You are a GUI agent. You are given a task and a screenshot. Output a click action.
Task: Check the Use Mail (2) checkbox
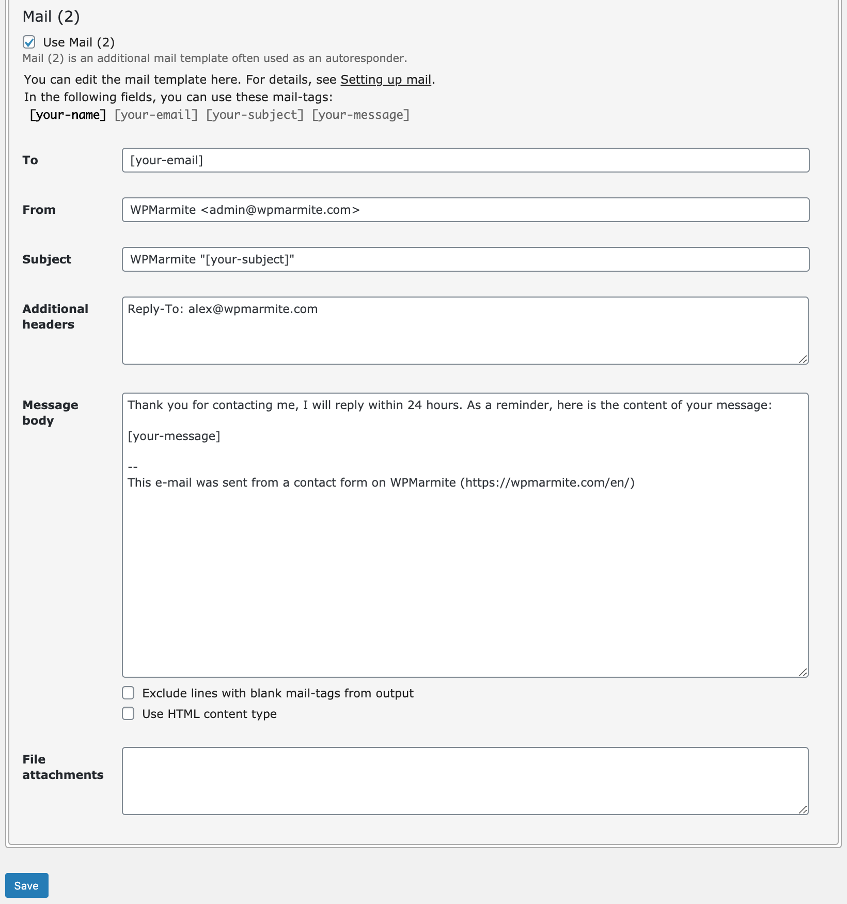29,42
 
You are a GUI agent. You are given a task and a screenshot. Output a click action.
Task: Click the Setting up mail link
385,80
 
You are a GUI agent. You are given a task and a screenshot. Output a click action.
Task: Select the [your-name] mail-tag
68,115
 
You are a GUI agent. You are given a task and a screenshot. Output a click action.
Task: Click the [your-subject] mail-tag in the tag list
255,115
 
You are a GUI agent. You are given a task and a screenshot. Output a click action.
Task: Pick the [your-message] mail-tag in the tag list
360,115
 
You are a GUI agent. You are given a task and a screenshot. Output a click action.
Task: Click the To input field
465,160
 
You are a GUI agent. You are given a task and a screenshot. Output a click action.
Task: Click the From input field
465,210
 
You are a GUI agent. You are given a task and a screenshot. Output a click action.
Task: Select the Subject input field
465,259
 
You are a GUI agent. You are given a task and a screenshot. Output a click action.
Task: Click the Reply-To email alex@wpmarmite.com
253,309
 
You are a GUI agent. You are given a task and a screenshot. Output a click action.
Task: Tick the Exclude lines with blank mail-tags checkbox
128,693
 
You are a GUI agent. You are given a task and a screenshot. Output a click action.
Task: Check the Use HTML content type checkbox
128,713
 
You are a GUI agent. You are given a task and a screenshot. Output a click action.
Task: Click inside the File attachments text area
465,781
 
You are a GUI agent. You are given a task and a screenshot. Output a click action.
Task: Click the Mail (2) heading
51,17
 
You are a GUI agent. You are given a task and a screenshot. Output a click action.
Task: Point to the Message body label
50,412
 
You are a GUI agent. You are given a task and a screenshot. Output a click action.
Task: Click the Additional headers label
55,316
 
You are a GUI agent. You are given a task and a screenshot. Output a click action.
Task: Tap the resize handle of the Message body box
803,672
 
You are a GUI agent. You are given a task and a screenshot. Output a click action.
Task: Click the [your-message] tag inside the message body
174,436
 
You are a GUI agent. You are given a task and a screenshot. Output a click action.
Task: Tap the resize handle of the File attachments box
803,809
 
